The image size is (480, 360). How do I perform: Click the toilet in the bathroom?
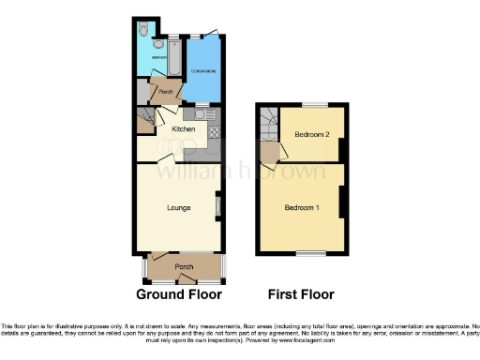click(x=142, y=29)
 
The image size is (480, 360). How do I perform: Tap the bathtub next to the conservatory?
click(x=175, y=62)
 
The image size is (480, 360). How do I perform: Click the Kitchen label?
click(x=183, y=127)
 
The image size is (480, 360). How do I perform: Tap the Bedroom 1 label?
click(x=303, y=207)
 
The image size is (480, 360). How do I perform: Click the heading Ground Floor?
click(x=179, y=293)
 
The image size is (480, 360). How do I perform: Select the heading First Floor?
click(x=301, y=293)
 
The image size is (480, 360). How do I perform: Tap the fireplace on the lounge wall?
click(x=218, y=204)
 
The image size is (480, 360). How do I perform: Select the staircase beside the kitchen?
click(x=145, y=120)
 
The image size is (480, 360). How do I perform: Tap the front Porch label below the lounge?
click(x=184, y=267)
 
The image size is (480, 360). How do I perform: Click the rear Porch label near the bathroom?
click(x=166, y=91)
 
